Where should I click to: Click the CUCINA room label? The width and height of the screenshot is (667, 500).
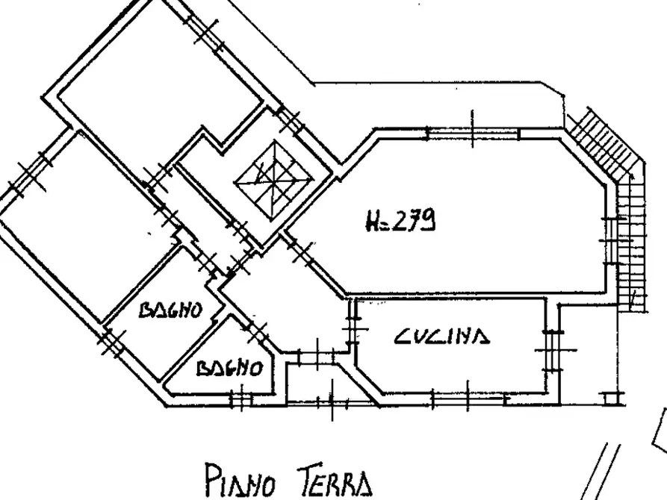pos(442,338)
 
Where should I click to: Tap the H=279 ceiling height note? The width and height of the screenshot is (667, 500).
pos(401,221)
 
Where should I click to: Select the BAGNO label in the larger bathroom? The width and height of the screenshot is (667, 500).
pos(171,310)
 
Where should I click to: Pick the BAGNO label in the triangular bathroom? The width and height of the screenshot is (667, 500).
pos(230,369)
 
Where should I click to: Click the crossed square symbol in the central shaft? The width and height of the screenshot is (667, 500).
pos(273,178)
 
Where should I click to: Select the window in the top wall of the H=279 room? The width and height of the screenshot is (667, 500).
pos(472,134)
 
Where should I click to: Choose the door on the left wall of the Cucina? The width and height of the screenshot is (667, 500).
pos(351,325)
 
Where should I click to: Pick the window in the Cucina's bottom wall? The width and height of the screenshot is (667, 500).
pos(447,396)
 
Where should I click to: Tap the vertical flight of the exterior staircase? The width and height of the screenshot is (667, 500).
pos(633,239)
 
